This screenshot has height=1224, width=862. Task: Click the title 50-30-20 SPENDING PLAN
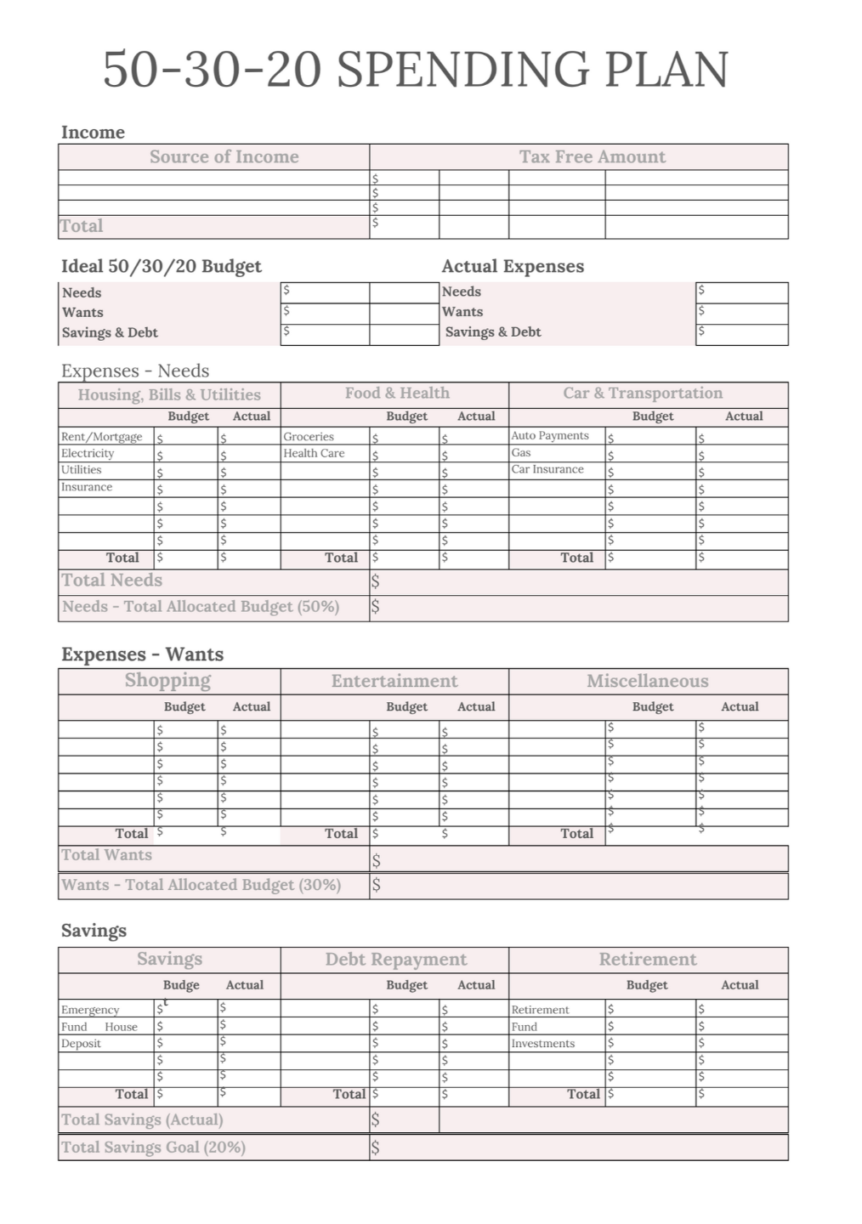tap(416, 69)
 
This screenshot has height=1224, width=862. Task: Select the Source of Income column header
tap(224, 156)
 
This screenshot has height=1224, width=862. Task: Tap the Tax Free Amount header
tap(593, 156)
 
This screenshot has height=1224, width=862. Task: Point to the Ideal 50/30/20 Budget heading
tap(162, 266)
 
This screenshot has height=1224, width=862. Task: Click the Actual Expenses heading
tap(513, 266)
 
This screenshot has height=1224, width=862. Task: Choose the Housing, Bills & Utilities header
tap(169, 394)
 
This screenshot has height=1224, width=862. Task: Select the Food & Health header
tap(397, 393)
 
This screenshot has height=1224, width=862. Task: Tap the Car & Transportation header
tap(643, 393)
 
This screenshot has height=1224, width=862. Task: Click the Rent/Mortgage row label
tap(101, 437)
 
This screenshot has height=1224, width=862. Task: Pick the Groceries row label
tap(309, 436)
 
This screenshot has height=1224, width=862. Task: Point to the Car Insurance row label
tap(547, 469)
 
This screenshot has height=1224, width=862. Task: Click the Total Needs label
tap(111, 581)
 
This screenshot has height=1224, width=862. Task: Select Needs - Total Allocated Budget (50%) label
tap(201, 607)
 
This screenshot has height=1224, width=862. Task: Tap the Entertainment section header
tap(394, 681)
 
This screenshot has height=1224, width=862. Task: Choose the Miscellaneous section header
tap(647, 681)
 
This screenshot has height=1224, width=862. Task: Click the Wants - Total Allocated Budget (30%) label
tap(201, 885)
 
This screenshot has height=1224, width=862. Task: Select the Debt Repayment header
tap(396, 960)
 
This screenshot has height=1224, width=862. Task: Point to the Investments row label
tap(542, 1044)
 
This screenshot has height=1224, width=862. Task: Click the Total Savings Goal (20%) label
tap(153, 1147)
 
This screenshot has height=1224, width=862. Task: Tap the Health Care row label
tap(314, 453)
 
